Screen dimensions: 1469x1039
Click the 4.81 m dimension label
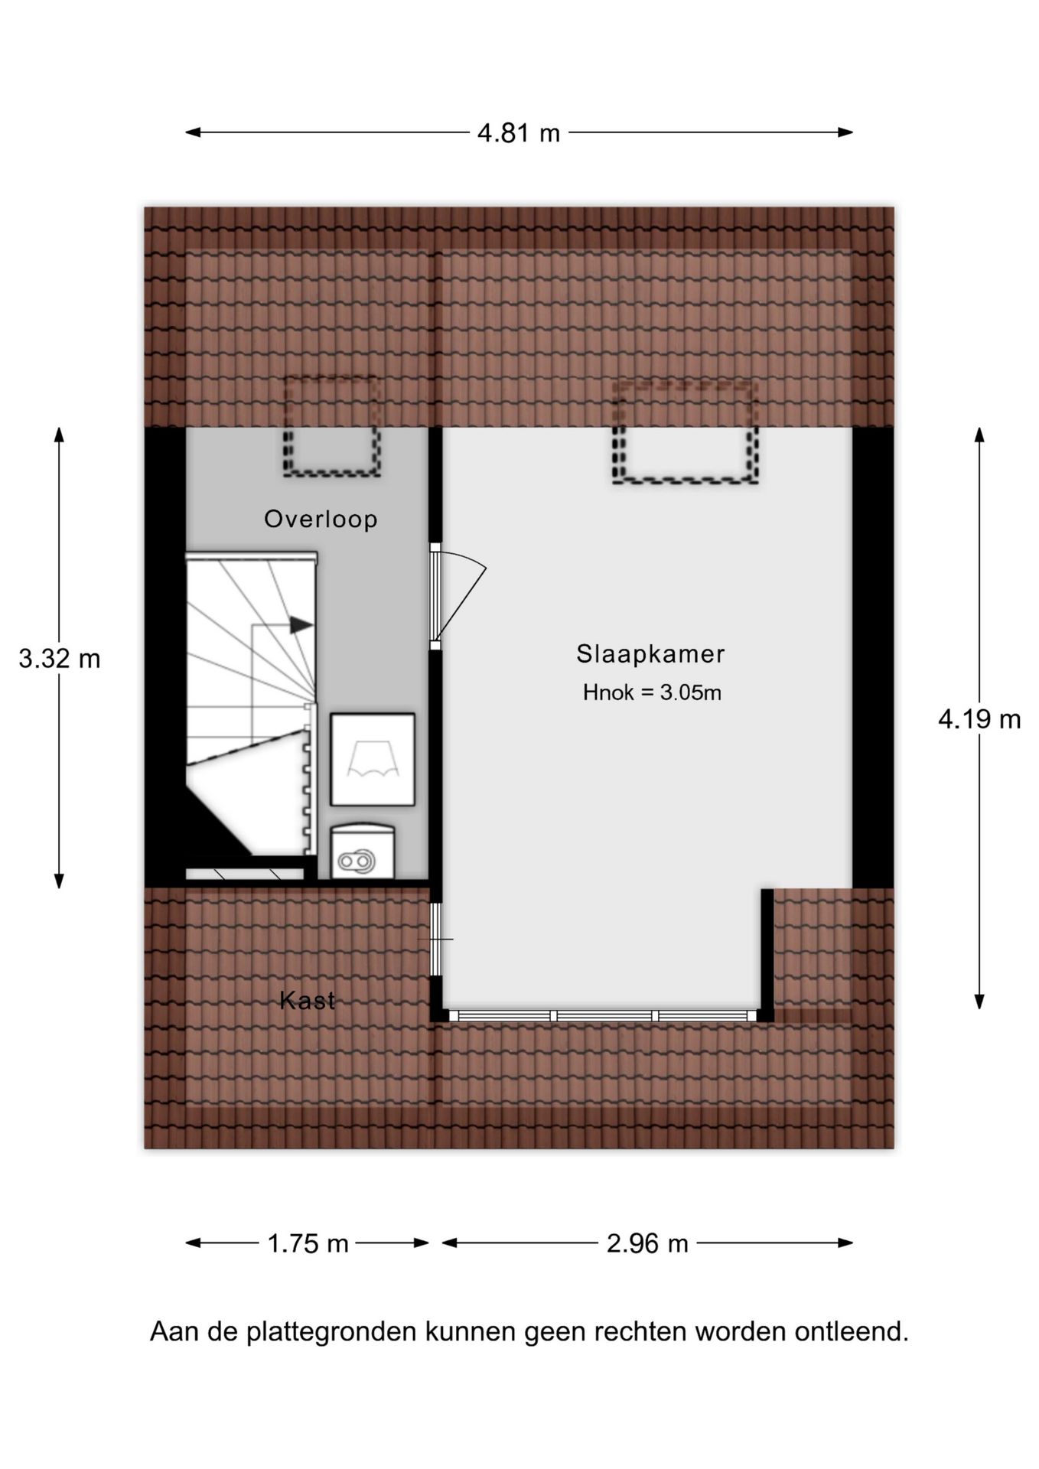pyautogui.click(x=519, y=133)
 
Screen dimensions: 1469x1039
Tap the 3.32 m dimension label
pyautogui.click(x=60, y=659)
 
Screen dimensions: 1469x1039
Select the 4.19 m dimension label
pyautogui.click(x=979, y=719)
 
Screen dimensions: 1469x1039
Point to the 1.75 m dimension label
pyautogui.click(x=308, y=1244)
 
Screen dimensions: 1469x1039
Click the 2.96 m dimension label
pyautogui.click(x=647, y=1244)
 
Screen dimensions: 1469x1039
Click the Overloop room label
pyautogui.click(x=321, y=519)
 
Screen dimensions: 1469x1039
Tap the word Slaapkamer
pyautogui.click(x=650, y=654)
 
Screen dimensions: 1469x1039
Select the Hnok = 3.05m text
pyautogui.click(x=652, y=693)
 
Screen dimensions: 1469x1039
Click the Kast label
pyautogui.click(x=307, y=1000)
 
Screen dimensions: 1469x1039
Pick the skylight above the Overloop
pyautogui.click(x=332, y=426)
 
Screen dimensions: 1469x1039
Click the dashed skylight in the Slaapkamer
pyautogui.click(x=685, y=432)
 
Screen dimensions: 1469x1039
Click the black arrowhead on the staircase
pyautogui.click(x=301, y=625)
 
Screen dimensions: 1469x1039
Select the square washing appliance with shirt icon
pyautogui.click(x=373, y=759)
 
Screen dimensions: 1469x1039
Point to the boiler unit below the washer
pyautogui.click(x=362, y=852)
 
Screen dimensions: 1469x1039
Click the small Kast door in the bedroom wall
pyautogui.click(x=435, y=939)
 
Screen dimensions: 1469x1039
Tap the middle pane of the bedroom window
pyautogui.click(x=604, y=1016)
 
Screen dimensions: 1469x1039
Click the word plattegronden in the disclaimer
pyautogui.click(x=332, y=1332)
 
